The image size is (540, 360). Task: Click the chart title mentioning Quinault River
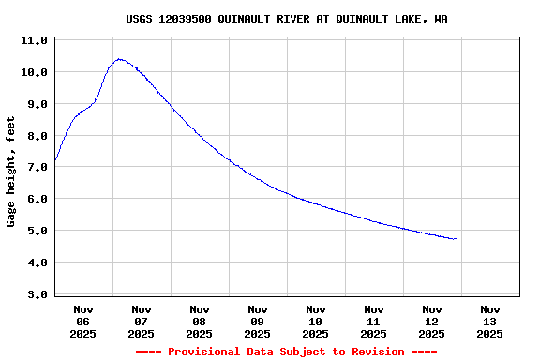coord(286,19)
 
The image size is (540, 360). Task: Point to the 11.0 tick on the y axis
coord(34,41)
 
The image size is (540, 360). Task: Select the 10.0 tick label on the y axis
coord(34,72)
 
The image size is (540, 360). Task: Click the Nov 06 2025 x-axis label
coord(83,321)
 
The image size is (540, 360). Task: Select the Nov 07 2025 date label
coord(142,321)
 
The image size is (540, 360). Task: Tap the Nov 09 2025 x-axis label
coord(258,321)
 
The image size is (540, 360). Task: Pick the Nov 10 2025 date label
coord(316,321)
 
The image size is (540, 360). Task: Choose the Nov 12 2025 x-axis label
coord(432,321)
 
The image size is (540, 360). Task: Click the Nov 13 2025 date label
coord(490,321)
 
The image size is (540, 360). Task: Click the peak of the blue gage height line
coord(118,59)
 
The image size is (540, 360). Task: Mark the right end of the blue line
coord(456,239)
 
